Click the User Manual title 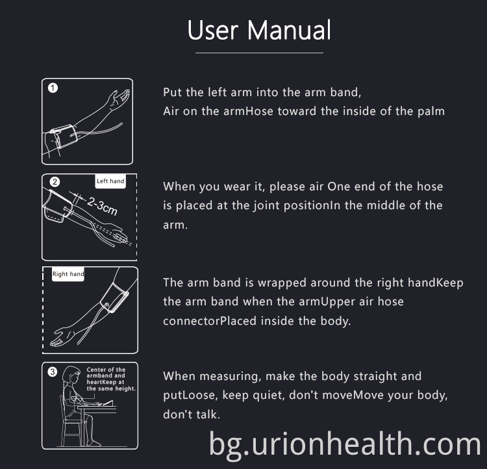[x=259, y=30]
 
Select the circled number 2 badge [x=55, y=181]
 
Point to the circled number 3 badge [x=53, y=372]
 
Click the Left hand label [x=110, y=181]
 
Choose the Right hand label [x=68, y=274]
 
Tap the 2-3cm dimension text [x=102, y=205]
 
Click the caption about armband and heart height [x=110, y=379]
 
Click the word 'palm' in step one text [x=431, y=111]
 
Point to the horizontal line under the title [x=259, y=53]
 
